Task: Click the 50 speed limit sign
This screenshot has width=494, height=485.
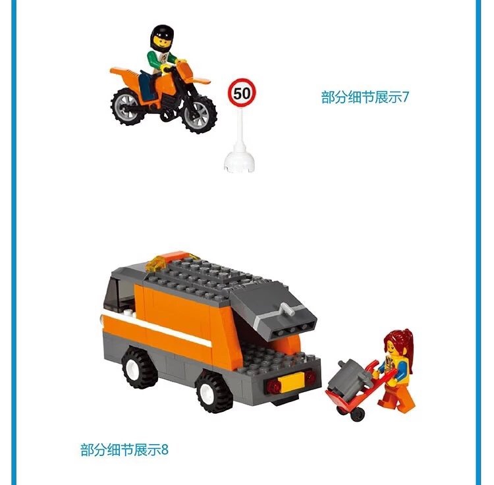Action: (242, 93)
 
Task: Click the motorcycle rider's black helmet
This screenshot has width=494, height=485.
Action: (162, 38)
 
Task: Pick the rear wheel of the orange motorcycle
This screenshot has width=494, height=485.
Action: (128, 106)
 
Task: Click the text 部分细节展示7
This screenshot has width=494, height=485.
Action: (364, 97)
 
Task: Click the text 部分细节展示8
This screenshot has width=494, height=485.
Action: (124, 449)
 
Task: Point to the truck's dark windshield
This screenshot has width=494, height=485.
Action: (116, 294)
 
